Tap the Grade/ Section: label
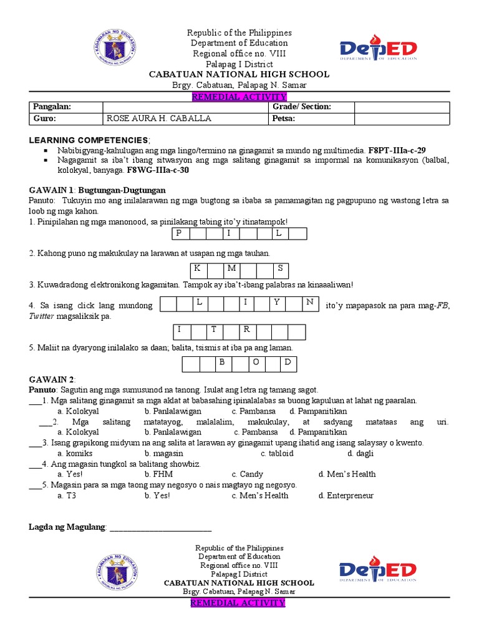pos(302,107)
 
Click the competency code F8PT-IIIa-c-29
pos(397,150)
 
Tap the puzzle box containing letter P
pos(180,233)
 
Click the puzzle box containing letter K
pos(198,269)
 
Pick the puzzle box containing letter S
pos(281,269)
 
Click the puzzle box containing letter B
pos(221,363)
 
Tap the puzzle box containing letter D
pos(288,363)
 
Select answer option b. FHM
pos(158,474)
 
